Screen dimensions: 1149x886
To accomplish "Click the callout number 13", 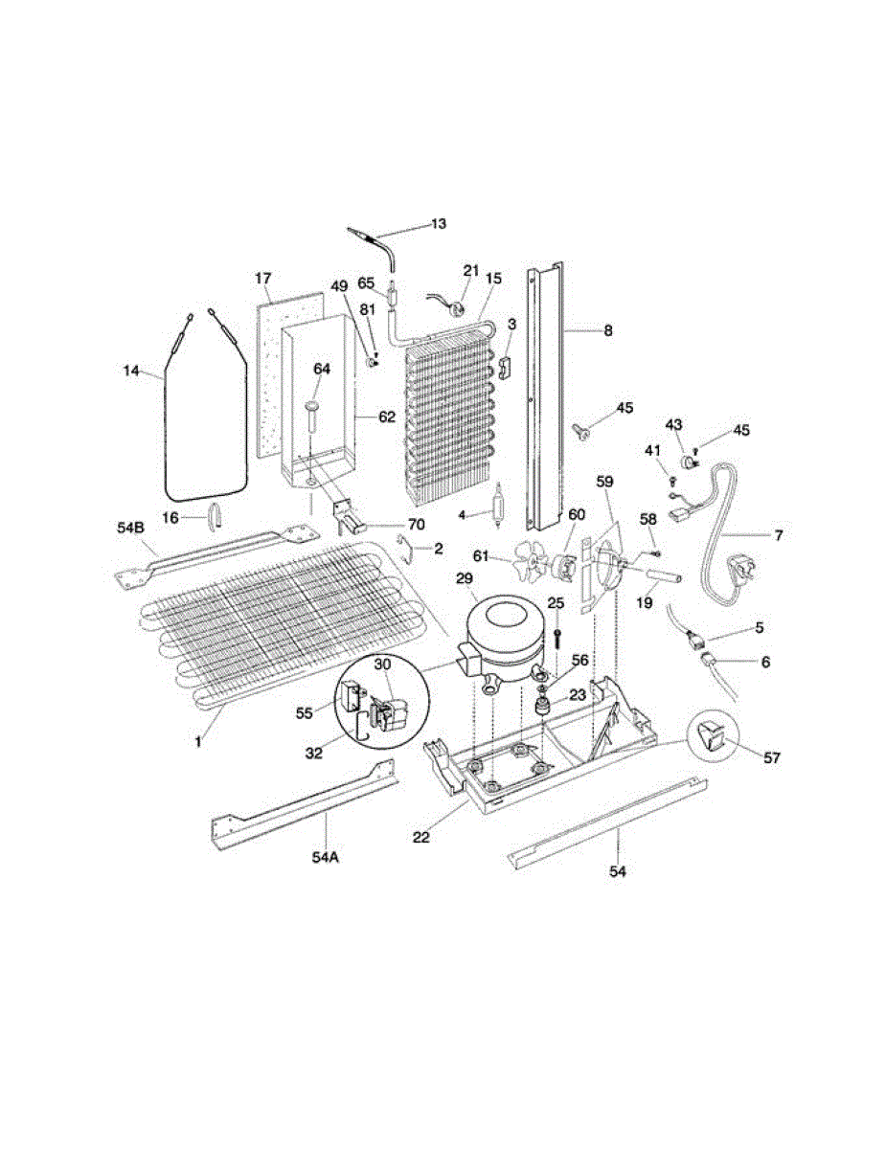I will pos(438,224).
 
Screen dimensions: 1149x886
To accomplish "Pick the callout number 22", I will pos(421,836).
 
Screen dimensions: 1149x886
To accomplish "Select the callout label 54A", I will pos(326,857).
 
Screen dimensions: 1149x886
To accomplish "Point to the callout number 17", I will pos(263,279).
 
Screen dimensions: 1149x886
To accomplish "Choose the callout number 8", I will pos(607,330).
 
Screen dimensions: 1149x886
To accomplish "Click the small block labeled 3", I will pos(508,365).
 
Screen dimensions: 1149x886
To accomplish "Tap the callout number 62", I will pos(386,417).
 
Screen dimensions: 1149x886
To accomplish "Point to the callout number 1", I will pos(200,740).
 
